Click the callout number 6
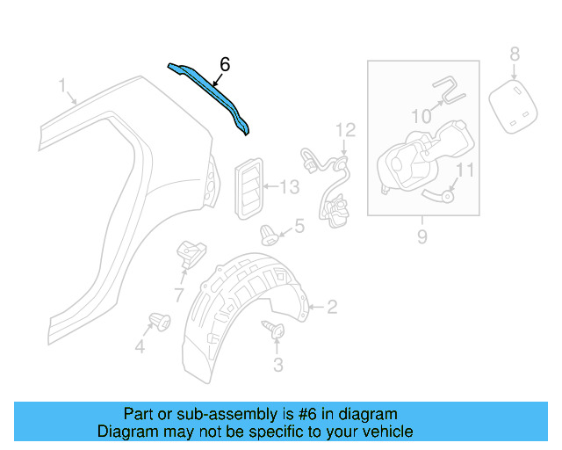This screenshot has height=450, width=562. point(225,64)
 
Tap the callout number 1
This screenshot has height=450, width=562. point(62,85)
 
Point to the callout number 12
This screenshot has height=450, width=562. point(345,130)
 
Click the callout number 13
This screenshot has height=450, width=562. point(290,186)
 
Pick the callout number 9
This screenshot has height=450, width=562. point(421,236)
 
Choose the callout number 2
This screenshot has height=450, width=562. point(332,307)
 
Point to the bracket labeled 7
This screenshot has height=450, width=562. point(189,252)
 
